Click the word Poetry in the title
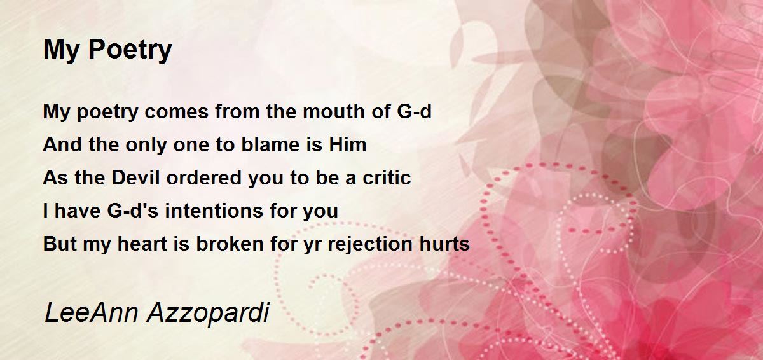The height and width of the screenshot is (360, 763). [130, 50]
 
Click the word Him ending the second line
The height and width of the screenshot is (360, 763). [347, 144]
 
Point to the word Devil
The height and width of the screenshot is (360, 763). [135, 177]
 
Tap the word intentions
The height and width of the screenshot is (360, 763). [214, 210]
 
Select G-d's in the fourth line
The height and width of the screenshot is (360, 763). [132, 210]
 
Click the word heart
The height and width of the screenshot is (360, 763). [142, 243]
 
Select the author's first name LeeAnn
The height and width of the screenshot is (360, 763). [92, 312]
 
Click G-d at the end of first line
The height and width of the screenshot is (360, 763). [414, 111]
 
